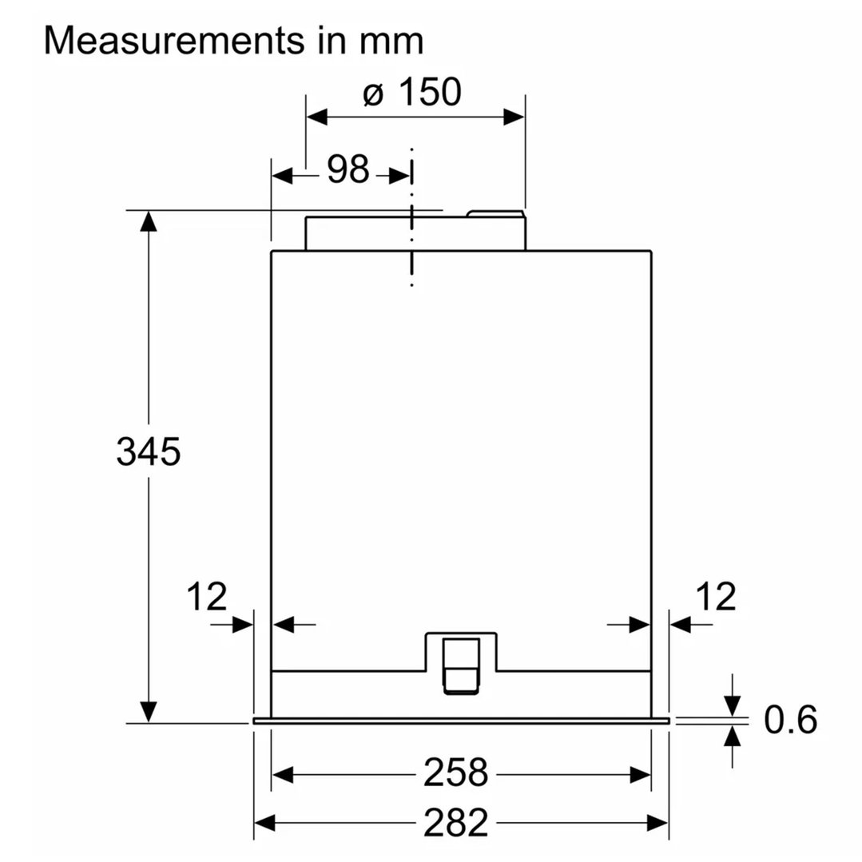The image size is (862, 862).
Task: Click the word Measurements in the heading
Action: tap(173, 40)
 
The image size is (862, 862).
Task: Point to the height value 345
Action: tap(149, 451)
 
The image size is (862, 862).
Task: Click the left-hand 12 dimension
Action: tap(207, 597)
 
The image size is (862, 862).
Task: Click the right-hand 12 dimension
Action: tap(716, 597)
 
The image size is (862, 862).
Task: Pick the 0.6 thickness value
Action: tap(791, 720)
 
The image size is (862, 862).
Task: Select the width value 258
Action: tap(455, 773)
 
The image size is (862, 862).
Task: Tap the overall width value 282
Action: tap(455, 823)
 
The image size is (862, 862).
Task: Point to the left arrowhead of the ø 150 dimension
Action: tap(317, 117)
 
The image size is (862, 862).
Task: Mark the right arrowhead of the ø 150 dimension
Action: tap(514, 117)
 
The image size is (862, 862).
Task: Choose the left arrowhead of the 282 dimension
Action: tap(264, 824)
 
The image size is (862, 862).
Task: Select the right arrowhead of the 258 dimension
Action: tap(641, 775)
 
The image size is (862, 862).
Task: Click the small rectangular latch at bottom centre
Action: tap(461, 666)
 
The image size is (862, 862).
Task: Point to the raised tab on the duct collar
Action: tap(495, 214)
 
